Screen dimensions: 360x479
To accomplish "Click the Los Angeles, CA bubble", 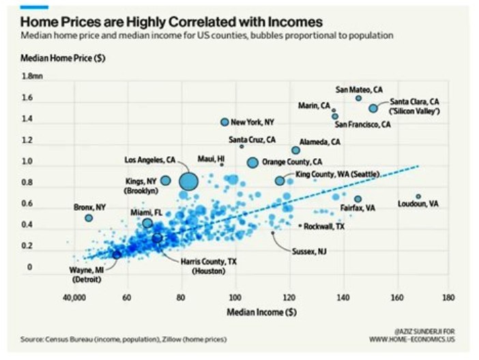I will pyautogui.click(x=188, y=181).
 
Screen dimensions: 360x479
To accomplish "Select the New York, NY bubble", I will pyautogui.click(x=224, y=122).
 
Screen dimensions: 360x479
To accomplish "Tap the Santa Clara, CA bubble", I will pyautogui.click(x=373, y=108).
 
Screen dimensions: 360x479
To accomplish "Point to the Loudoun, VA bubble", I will pyautogui.click(x=418, y=196).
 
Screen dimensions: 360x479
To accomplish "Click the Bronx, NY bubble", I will pyautogui.click(x=89, y=217).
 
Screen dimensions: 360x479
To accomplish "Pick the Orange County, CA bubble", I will pyautogui.click(x=252, y=162).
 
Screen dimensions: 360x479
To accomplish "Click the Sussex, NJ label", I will pyautogui.click(x=309, y=252).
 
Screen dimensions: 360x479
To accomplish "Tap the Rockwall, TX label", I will pyautogui.click(x=324, y=226).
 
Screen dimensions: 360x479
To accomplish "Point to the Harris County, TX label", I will pyautogui.click(x=208, y=262).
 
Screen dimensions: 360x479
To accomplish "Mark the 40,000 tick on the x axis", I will pyautogui.click(x=75, y=298).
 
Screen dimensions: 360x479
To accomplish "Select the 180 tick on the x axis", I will pyautogui.click(x=448, y=298).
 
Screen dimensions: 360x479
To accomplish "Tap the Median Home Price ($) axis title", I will pyautogui.click(x=61, y=60).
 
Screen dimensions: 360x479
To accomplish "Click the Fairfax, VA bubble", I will pyautogui.click(x=358, y=199).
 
